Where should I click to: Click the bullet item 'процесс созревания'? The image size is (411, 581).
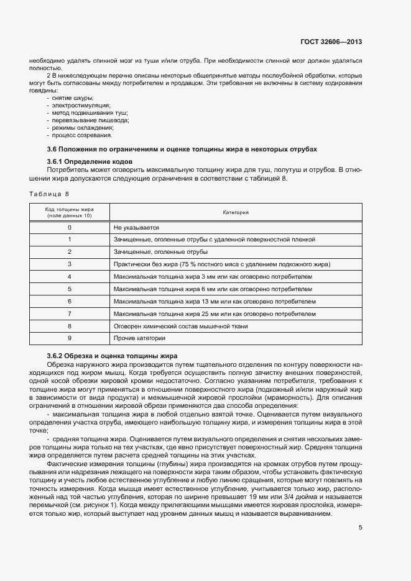click(x=82, y=135)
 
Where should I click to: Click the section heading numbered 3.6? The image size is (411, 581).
click(x=182, y=150)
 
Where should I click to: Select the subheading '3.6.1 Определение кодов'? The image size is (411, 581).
click(x=91, y=162)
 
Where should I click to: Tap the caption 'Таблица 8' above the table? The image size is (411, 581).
click(x=49, y=194)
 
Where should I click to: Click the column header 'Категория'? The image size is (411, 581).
click(x=236, y=212)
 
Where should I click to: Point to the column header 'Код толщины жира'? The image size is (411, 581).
click(x=70, y=210)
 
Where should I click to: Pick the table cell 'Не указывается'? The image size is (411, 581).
click(x=137, y=228)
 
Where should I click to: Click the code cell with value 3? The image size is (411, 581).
click(x=70, y=264)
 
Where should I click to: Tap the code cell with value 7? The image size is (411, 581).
click(x=70, y=313)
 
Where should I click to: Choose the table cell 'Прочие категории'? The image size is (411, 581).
click(x=139, y=338)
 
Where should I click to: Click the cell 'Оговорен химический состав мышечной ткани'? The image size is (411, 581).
click(x=180, y=326)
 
